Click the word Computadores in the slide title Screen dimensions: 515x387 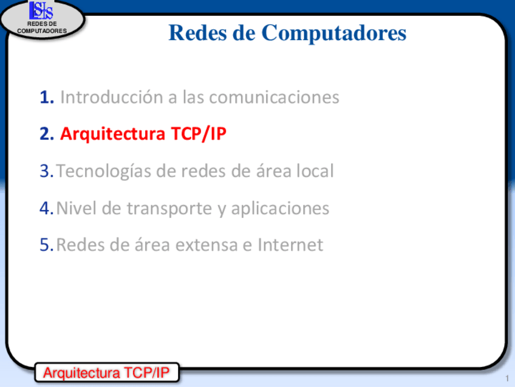pyautogui.click(x=333, y=33)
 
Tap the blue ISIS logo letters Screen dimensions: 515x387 pyautogui.click(x=41, y=10)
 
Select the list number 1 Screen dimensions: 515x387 pyautogui.click(x=47, y=97)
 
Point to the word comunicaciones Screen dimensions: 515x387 pyautogui.click(x=274, y=97)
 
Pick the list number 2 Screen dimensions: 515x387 pyautogui.click(x=47, y=134)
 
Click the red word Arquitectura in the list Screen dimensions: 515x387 pyautogui.click(x=112, y=134)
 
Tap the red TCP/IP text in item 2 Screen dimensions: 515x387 pyautogui.click(x=199, y=134)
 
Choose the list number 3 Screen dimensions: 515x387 pyautogui.click(x=46, y=171)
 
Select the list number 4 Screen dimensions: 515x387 pyautogui.click(x=46, y=208)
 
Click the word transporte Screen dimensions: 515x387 pyautogui.click(x=169, y=209)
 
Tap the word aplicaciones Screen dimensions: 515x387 pyautogui.click(x=280, y=209)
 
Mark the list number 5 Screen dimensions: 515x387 pyautogui.click(x=46, y=245)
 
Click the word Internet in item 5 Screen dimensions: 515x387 pyautogui.click(x=290, y=245)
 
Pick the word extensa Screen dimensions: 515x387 pyautogui.click(x=206, y=245)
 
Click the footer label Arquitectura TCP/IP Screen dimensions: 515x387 pyautogui.click(x=106, y=373)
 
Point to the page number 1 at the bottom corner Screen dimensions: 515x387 pyautogui.click(x=507, y=378)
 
